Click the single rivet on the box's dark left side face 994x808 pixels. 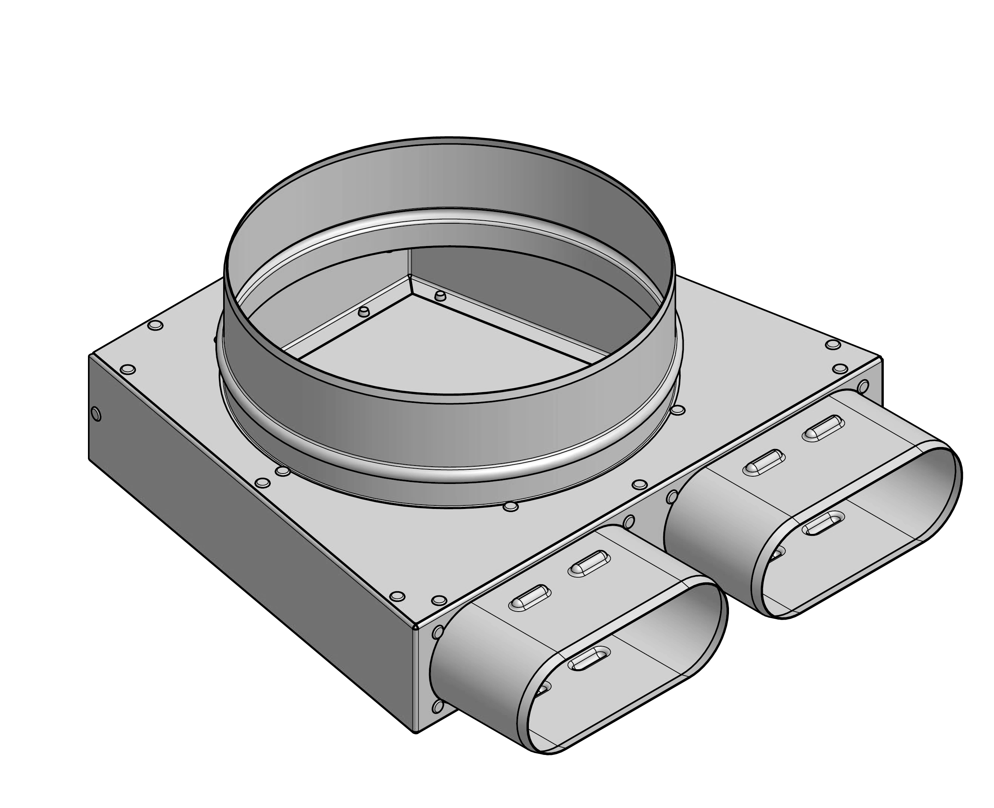pos(96,413)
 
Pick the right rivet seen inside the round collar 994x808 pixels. pos(439,296)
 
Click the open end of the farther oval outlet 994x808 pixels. pos(856,530)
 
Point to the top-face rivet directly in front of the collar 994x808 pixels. pos(511,506)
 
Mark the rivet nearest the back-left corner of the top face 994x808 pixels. pos(155,325)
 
